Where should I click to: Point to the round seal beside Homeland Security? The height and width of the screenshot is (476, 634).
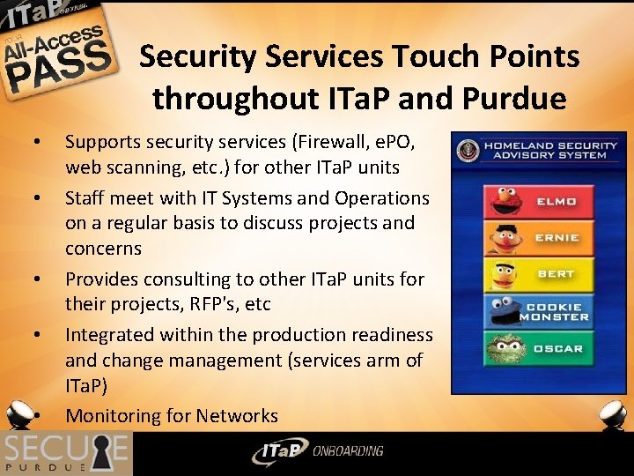click(468, 150)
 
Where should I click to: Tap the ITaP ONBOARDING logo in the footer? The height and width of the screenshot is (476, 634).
click(317, 452)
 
